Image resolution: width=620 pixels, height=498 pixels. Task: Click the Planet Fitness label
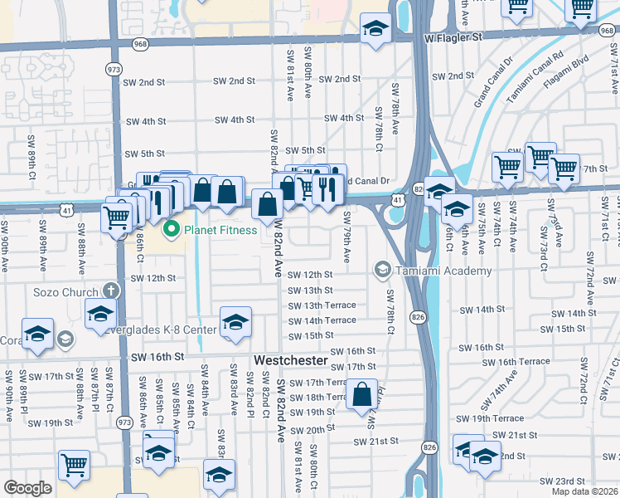[220, 230]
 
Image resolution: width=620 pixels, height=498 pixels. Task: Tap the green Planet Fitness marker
[172, 229]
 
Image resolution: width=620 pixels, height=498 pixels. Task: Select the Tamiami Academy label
[443, 271]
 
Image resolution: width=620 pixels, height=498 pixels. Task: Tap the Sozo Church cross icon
[113, 291]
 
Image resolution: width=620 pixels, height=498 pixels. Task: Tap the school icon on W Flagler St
[375, 30]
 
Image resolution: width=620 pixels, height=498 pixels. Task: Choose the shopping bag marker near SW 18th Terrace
[362, 395]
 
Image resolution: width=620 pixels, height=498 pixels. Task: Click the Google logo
[28, 488]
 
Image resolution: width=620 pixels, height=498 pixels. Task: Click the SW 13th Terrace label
[322, 305]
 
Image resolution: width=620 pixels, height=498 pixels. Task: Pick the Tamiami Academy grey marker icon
[383, 270]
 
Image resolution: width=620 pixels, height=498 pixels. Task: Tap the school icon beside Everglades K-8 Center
[235, 323]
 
